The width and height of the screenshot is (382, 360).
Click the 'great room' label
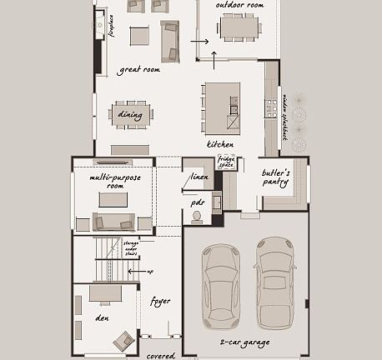point(138,70)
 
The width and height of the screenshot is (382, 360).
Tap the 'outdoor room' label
point(239,6)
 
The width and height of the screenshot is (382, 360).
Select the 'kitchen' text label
point(220,144)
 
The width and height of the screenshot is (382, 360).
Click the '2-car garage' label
point(245,342)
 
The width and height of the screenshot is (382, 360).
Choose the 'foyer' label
point(159,301)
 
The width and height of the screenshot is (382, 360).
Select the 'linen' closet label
point(199,177)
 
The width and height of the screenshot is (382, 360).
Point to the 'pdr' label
point(198,202)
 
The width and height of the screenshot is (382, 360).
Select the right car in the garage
point(275,282)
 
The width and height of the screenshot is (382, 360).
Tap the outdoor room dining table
point(239,27)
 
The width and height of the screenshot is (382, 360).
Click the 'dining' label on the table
point(130,115)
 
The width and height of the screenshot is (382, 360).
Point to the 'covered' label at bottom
point(162,356)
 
